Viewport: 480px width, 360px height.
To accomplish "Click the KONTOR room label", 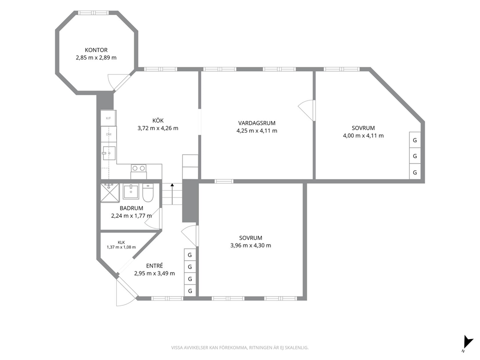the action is (x=96, y=50).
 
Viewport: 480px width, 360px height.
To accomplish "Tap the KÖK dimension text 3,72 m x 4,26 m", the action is (x=158, y=128).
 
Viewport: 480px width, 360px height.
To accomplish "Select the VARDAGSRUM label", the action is (x=257, y=123).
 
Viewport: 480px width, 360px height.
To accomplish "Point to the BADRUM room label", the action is (x=131, y=208).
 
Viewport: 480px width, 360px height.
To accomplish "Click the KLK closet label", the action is (x=121, y=242).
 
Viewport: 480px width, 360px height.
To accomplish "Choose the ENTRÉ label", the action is (x=154, y=266).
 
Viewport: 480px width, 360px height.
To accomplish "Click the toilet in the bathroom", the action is (x=148, y=193).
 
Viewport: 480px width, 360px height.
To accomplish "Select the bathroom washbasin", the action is (x=131, y=191).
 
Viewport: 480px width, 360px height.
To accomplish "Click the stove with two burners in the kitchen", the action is (x=138, y=171).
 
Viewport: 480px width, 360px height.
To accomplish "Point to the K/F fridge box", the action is (x=108, y=118).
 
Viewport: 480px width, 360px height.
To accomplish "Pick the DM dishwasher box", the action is (x=108, y=134).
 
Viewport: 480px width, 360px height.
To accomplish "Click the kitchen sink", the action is (x=109, y=153).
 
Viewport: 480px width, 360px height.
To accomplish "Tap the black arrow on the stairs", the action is (x=172, y=194).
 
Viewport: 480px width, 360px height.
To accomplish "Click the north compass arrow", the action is (x=467, y=342).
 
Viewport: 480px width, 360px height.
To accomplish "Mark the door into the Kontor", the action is (x=118, y=81).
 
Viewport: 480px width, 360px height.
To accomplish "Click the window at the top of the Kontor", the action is (x=93, y=13).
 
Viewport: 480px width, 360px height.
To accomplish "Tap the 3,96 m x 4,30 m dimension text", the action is (x=251, y=245).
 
